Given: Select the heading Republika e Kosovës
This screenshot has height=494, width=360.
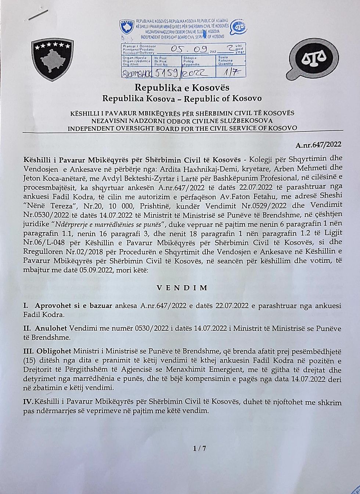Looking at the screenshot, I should click(182, 88).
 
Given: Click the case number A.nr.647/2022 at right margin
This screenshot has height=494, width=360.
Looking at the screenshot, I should click(318, 145).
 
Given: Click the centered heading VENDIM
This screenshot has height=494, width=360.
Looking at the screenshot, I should click(182, 288).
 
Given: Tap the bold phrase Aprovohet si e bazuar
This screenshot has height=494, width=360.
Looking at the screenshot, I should click(73, 306).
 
